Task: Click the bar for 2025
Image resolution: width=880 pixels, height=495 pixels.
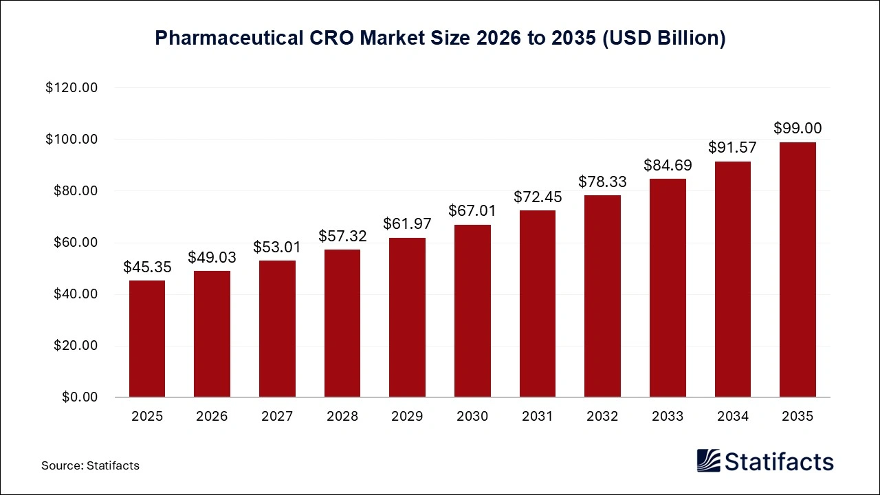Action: point(147,338)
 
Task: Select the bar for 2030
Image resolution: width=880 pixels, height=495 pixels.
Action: point(472,311)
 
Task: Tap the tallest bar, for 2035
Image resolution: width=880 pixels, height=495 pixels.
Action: point(797,269)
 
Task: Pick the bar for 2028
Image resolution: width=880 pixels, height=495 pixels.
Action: point(342,323)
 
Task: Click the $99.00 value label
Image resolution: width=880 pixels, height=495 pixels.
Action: point(797,128)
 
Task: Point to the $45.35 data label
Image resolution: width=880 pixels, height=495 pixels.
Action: point(147,267)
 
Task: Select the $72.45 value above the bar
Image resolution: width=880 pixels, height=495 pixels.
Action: point(538,197)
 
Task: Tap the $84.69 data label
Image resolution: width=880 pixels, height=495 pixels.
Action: point(668,165)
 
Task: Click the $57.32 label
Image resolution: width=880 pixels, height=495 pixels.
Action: point(342,236)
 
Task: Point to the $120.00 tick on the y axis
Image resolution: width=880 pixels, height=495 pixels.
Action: point(72,88)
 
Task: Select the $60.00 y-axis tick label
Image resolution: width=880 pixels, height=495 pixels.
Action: point(75,243)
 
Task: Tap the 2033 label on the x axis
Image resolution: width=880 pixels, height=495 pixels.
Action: point(668,417)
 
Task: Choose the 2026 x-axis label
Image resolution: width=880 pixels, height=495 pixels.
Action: point(212,417)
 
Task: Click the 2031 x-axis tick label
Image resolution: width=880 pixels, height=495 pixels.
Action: point(538,417)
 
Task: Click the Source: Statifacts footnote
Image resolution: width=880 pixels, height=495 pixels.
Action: point(90,465)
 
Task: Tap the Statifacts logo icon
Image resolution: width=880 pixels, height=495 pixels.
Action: point(708,461)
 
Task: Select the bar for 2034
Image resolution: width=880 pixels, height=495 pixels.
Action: point(733,279)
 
